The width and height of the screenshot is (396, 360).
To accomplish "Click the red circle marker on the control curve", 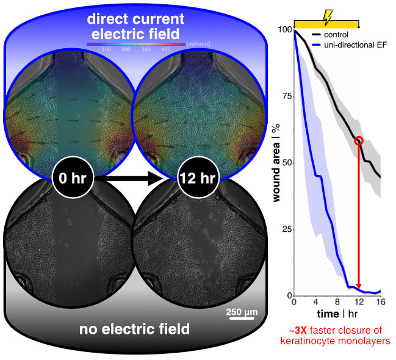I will (x=359, y=141).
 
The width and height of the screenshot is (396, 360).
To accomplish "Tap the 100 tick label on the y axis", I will (x=283, y=29).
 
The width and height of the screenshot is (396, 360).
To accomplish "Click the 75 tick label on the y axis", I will (x=284, y=96).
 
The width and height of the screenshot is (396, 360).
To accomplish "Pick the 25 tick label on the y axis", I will (x=284, y=229).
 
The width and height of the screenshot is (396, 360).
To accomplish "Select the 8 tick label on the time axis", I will (x=337, y=303).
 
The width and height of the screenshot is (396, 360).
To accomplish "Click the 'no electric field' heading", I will (x=134, y=330).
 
